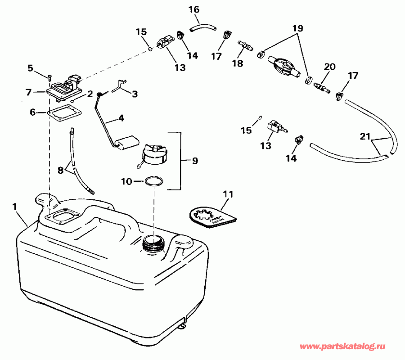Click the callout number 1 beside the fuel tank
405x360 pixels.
click(15, 206)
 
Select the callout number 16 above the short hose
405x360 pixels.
click(193, 9)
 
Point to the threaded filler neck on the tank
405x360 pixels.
click(152, 244)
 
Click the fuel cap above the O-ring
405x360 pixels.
click(154, 154)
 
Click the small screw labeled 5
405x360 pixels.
click(49, 77)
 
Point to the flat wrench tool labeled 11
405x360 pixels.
click(211, 215)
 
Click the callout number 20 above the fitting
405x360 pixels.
click(330, 67)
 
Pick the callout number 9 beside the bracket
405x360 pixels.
click(194, 160)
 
